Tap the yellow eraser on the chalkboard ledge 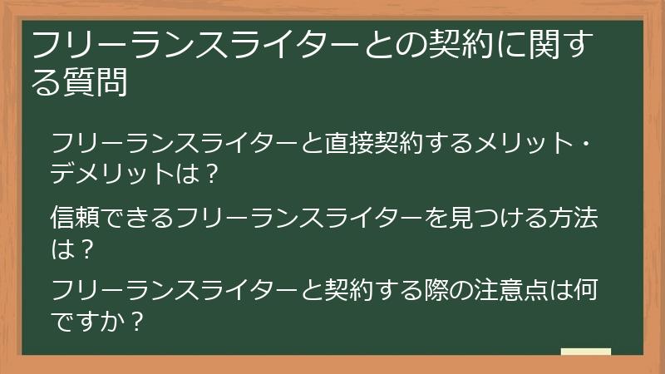coord(585,352)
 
